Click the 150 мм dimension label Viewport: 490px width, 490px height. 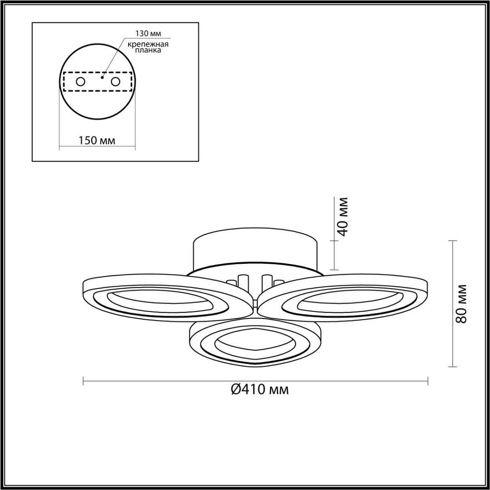click(x=97, y=140)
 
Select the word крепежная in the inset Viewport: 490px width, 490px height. click(x=149, y=44)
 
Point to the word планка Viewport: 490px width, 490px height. click(x=149, y=50)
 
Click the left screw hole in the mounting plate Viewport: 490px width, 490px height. click(x=80, y=82)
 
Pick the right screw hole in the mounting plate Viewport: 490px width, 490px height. click(x=115, y=82)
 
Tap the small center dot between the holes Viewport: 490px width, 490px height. click(x=101, y=77)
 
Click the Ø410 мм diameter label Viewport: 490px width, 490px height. click(x=260, y=390)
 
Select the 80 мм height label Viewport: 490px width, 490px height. click(x=462, y=304)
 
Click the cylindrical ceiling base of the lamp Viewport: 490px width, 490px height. click(x=255, y=249)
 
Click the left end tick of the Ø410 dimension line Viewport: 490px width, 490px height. click(x=83, y=381)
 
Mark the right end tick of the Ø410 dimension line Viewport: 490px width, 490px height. click(x=428, y=381)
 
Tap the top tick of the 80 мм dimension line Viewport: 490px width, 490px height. click(x=453, y=241)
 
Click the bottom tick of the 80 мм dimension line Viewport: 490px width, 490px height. click(x=453, y=367)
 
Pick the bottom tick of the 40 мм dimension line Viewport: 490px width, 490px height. click(x=334, y=269)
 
